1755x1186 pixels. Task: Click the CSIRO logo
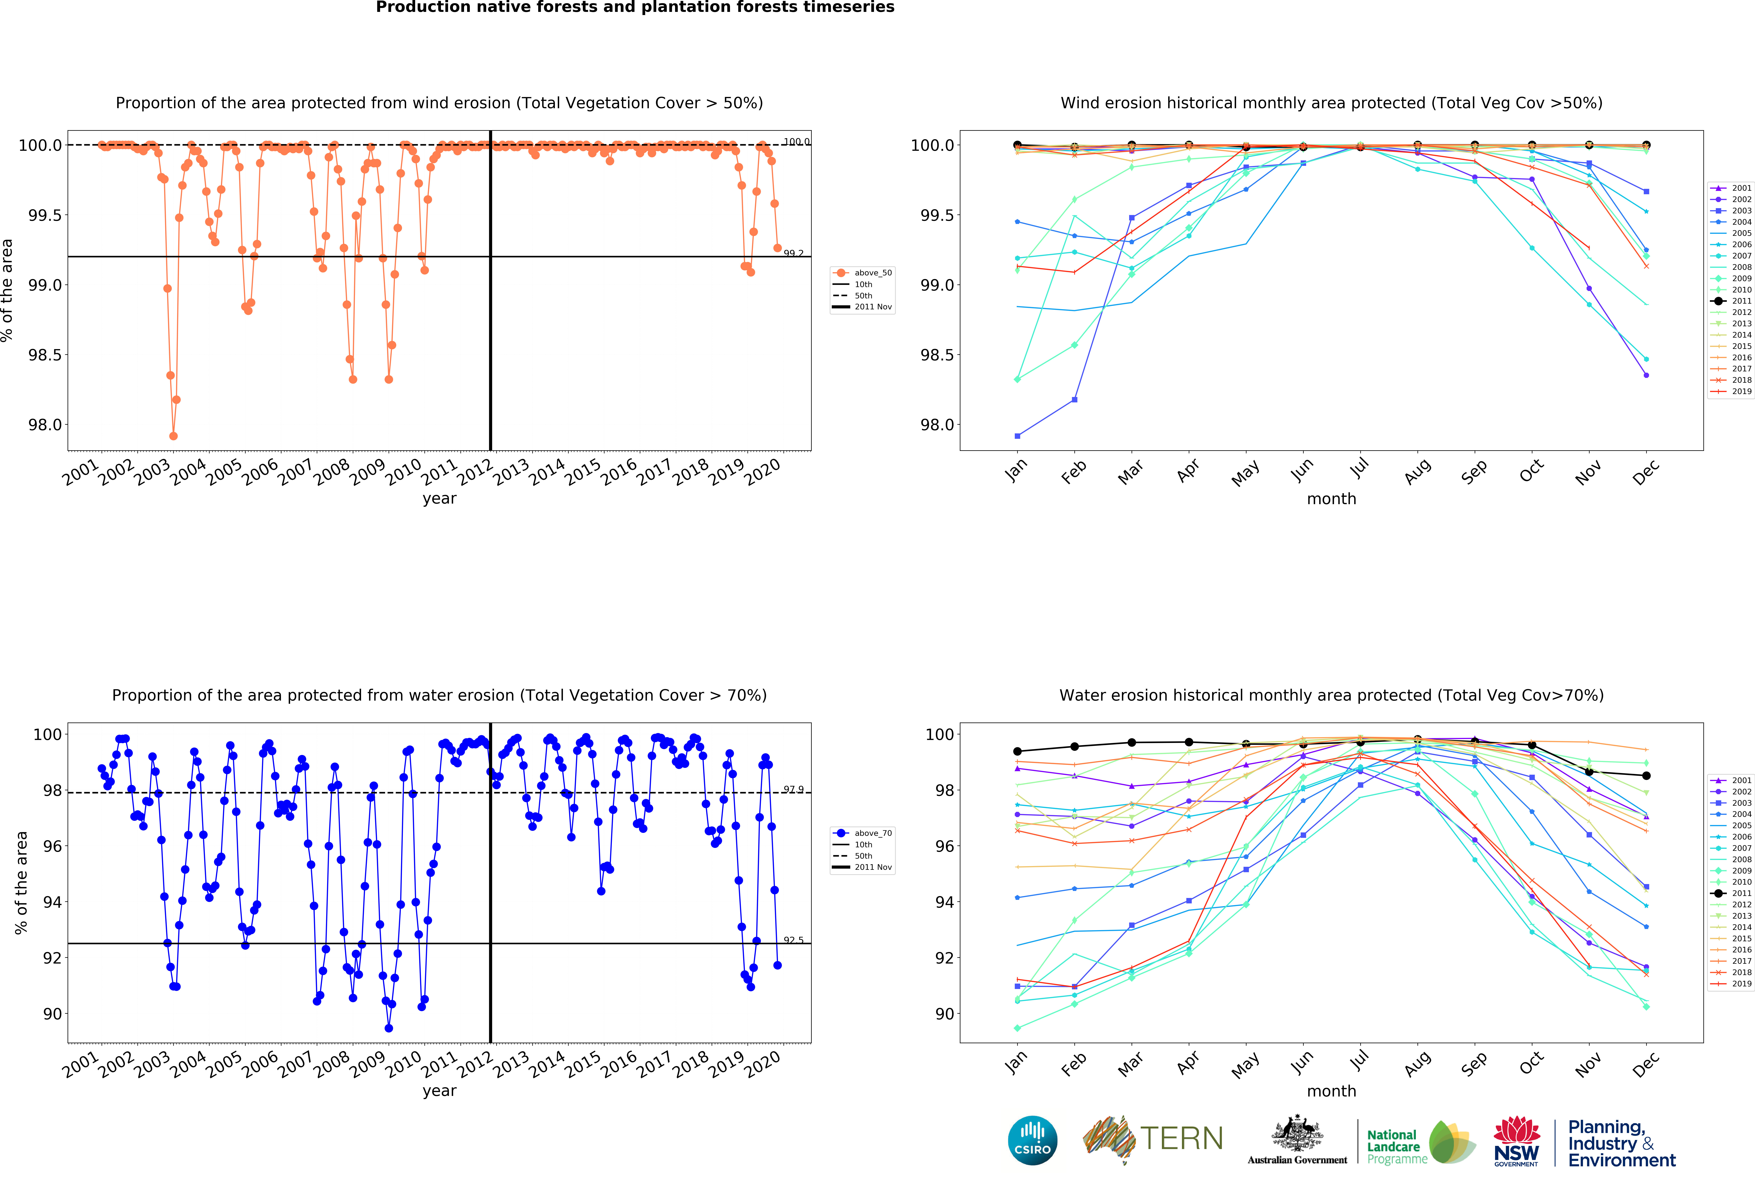(x=1032, y=1140)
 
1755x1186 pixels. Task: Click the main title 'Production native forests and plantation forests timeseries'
(x=635, y=8)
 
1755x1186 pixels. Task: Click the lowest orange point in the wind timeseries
(x=174, y=436)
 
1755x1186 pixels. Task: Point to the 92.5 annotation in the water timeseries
(x=793, y=941)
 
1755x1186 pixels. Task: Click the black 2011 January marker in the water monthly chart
(x=1017, y=752)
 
